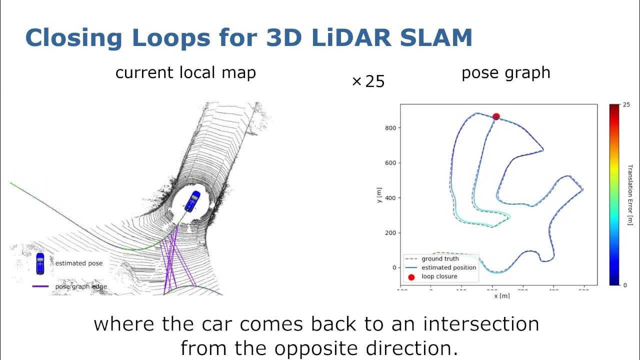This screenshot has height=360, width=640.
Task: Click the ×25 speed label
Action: click(x=368, y=81)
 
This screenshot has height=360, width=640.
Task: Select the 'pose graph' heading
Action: click(x=505, y=73)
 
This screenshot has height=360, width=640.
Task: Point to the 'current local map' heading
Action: click(x=185, y=73)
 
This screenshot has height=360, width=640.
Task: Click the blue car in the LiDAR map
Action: click(x=192, y=200)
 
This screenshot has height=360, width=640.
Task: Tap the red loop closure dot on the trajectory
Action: click(x=496, y=116)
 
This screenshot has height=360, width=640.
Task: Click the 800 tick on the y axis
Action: click(x=390, y=128)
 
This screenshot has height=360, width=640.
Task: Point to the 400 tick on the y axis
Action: click(x=390, y=198)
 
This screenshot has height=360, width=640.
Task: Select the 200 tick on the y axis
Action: click(x=390, y=233)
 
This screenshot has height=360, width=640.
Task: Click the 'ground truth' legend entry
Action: click(x=440, y=259)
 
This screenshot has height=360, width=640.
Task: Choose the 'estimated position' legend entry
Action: click(x=448, y=267)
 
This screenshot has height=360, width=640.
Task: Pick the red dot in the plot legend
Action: click(x=411, y=276)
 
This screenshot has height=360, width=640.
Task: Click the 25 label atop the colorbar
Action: click(x=626, y=105)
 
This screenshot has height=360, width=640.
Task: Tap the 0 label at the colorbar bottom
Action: click(x=625, y=285)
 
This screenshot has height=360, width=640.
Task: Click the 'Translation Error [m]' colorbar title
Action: click(x=630, y=194)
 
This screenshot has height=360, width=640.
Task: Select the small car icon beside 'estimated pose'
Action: click(x=40, y=263)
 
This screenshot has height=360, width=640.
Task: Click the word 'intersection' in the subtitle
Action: click(x=481, y=324)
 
